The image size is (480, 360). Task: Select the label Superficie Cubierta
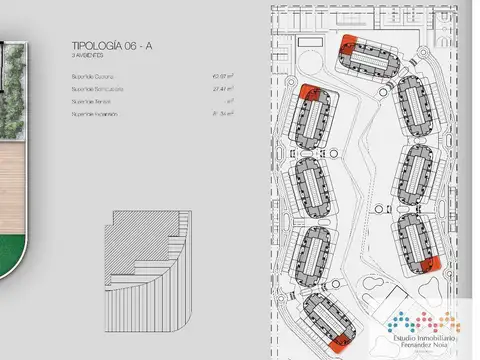tap(94, 75)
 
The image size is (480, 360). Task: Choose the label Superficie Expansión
tap(95, 114)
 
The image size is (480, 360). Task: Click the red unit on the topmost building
tap(348, 44)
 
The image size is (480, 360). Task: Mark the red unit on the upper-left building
tap(306, 94)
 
